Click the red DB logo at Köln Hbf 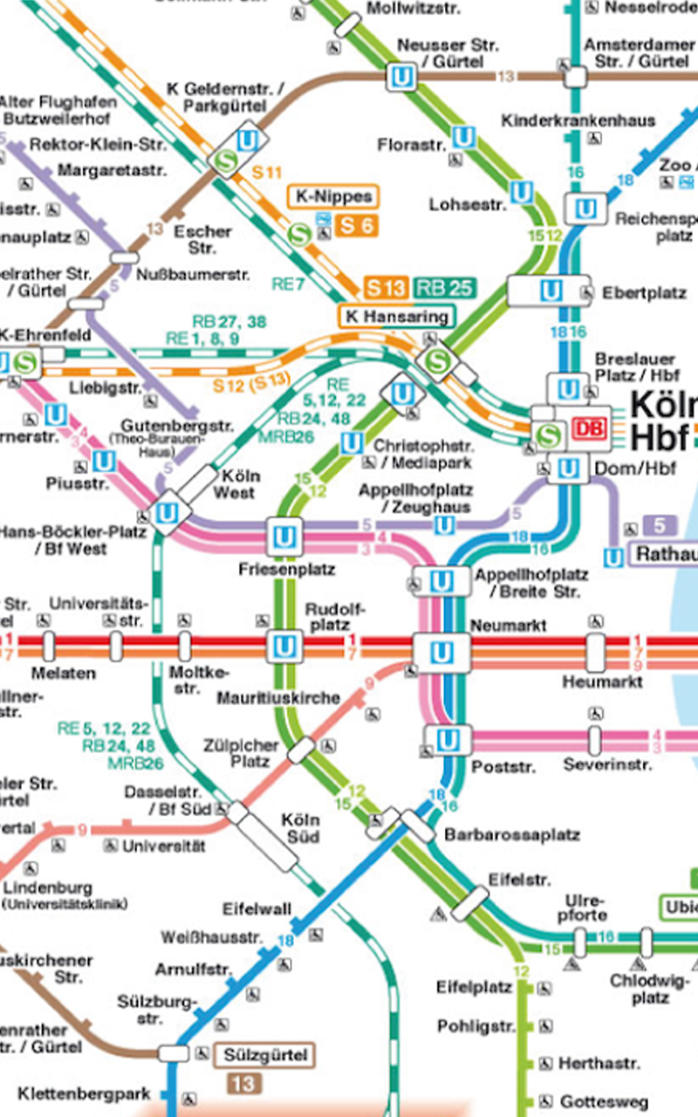(x=588, y=429)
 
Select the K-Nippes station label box (x=332, y=197)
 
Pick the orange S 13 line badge (x=386, y=288)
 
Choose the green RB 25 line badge (x=441, y=288)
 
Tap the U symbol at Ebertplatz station (x=551, y=291)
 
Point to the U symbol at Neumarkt (x=442, y=651)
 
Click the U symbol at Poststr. (x=448, y=740)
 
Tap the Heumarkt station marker (x=595, y=651)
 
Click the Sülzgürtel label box (x=263, y=1056)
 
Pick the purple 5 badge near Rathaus (x=660, y=525)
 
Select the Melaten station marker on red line (x=49, y=647)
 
